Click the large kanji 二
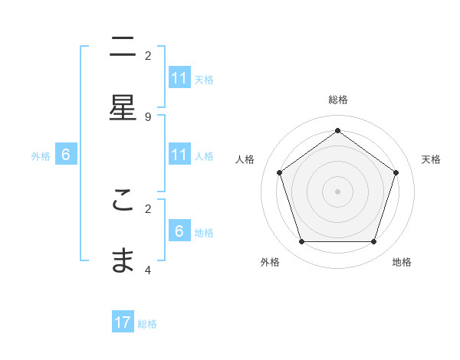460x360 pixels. coord(123,47)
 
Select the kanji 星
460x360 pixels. coord(123,108)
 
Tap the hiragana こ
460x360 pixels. coord(123,200)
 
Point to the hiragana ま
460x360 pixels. coord(123,260)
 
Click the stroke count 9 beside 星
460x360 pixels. coord(148,116)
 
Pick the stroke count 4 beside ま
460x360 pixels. coord(148,270)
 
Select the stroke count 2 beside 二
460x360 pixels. coord(148,55)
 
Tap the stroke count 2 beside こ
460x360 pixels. coord(148,208)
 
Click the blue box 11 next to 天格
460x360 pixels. coord(179,77)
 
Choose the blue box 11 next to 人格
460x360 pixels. coord(179,155)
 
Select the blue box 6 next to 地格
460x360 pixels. coord(179,231)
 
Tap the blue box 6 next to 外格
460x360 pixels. coord(66,155)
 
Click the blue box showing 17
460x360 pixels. coord(123,322)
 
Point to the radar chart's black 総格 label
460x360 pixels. coord(337,100)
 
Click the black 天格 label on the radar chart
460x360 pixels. coord(431,159)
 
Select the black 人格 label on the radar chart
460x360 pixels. coord(245,159)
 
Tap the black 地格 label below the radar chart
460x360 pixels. coord(402,262)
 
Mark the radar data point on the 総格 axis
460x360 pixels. coord(337,130)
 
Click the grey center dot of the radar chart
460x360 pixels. coord(337,191)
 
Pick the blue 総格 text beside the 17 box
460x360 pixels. coord(147,324)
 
